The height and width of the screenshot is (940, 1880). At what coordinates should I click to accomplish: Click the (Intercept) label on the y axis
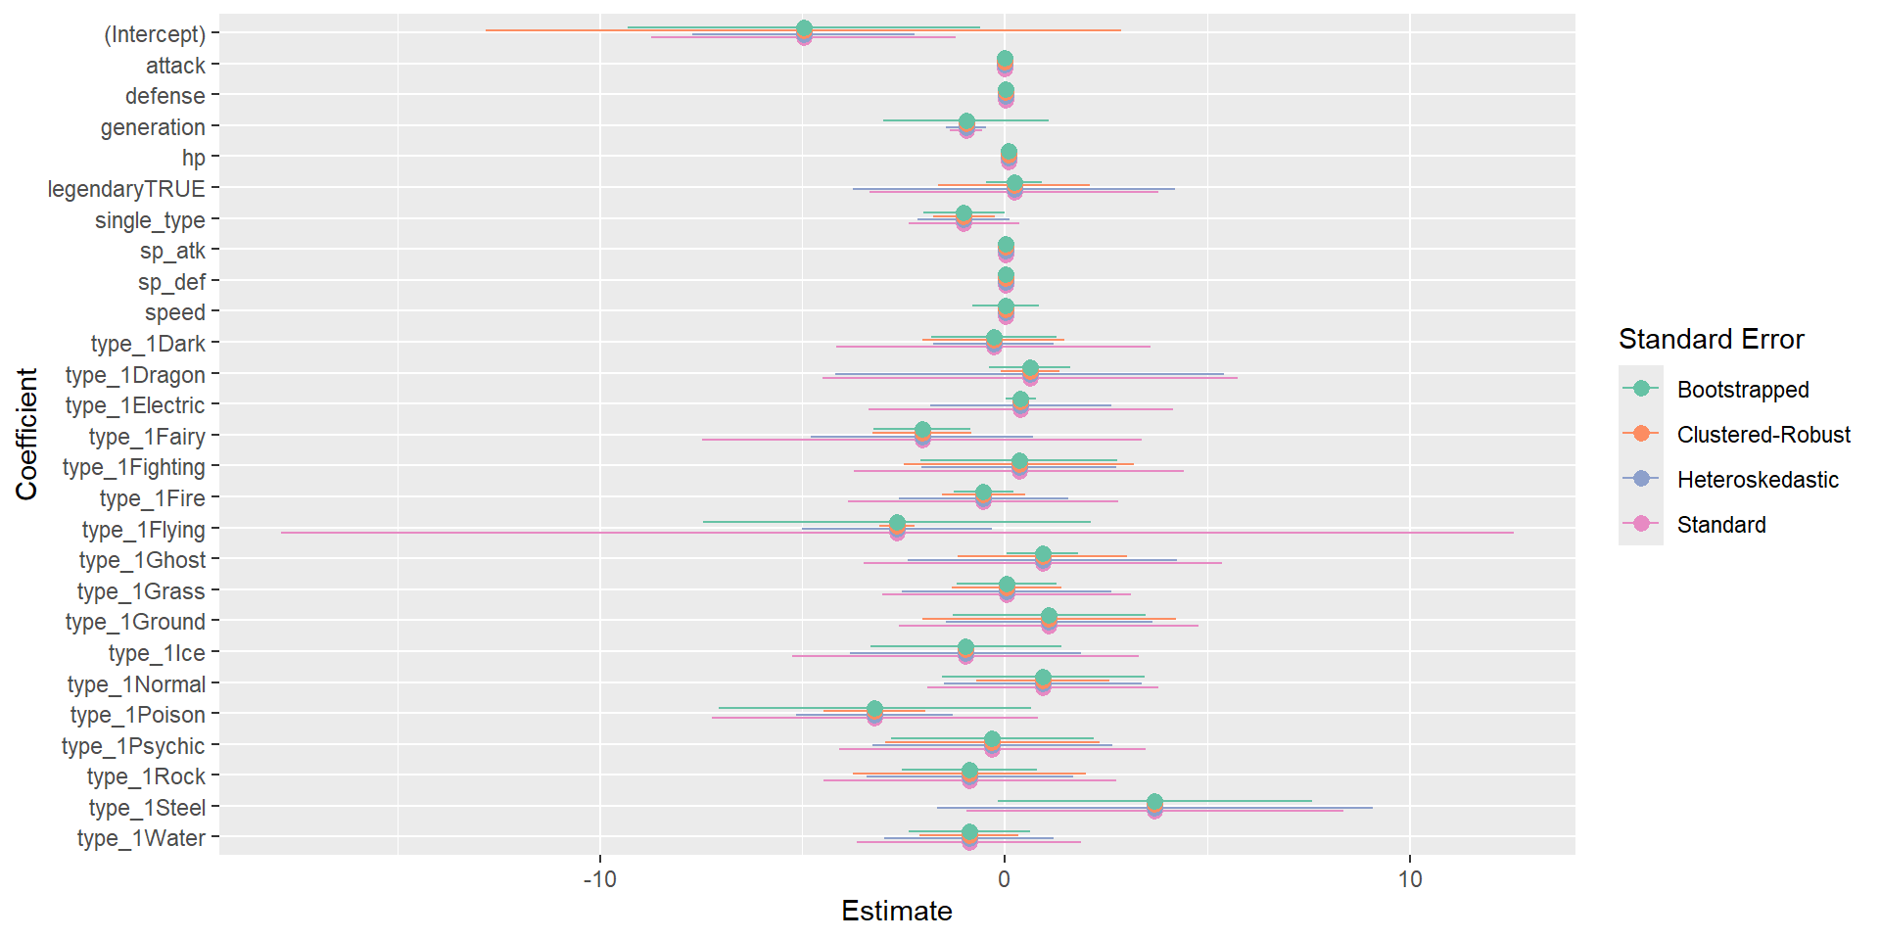pos(155,34)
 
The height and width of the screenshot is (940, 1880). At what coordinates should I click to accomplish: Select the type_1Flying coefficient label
pos(144,530)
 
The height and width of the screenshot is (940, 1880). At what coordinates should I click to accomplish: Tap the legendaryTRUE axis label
pos(126,189)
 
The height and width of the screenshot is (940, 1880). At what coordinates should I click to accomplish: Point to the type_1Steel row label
pos(147,808)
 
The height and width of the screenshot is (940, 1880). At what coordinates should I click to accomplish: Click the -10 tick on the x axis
pos(599,878)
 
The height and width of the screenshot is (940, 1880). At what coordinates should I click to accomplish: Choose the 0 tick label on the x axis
pos(1005,878)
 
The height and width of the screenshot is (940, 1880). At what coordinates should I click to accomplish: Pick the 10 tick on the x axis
pos(1410,878)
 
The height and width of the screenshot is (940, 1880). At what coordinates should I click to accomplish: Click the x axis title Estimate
pos(897,911)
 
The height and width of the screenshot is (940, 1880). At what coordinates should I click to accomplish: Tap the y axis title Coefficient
pos(26,434)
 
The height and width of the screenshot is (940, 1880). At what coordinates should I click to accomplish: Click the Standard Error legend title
pos(1712,339)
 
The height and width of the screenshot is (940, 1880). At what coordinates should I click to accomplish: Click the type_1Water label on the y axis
pos(141,838)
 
